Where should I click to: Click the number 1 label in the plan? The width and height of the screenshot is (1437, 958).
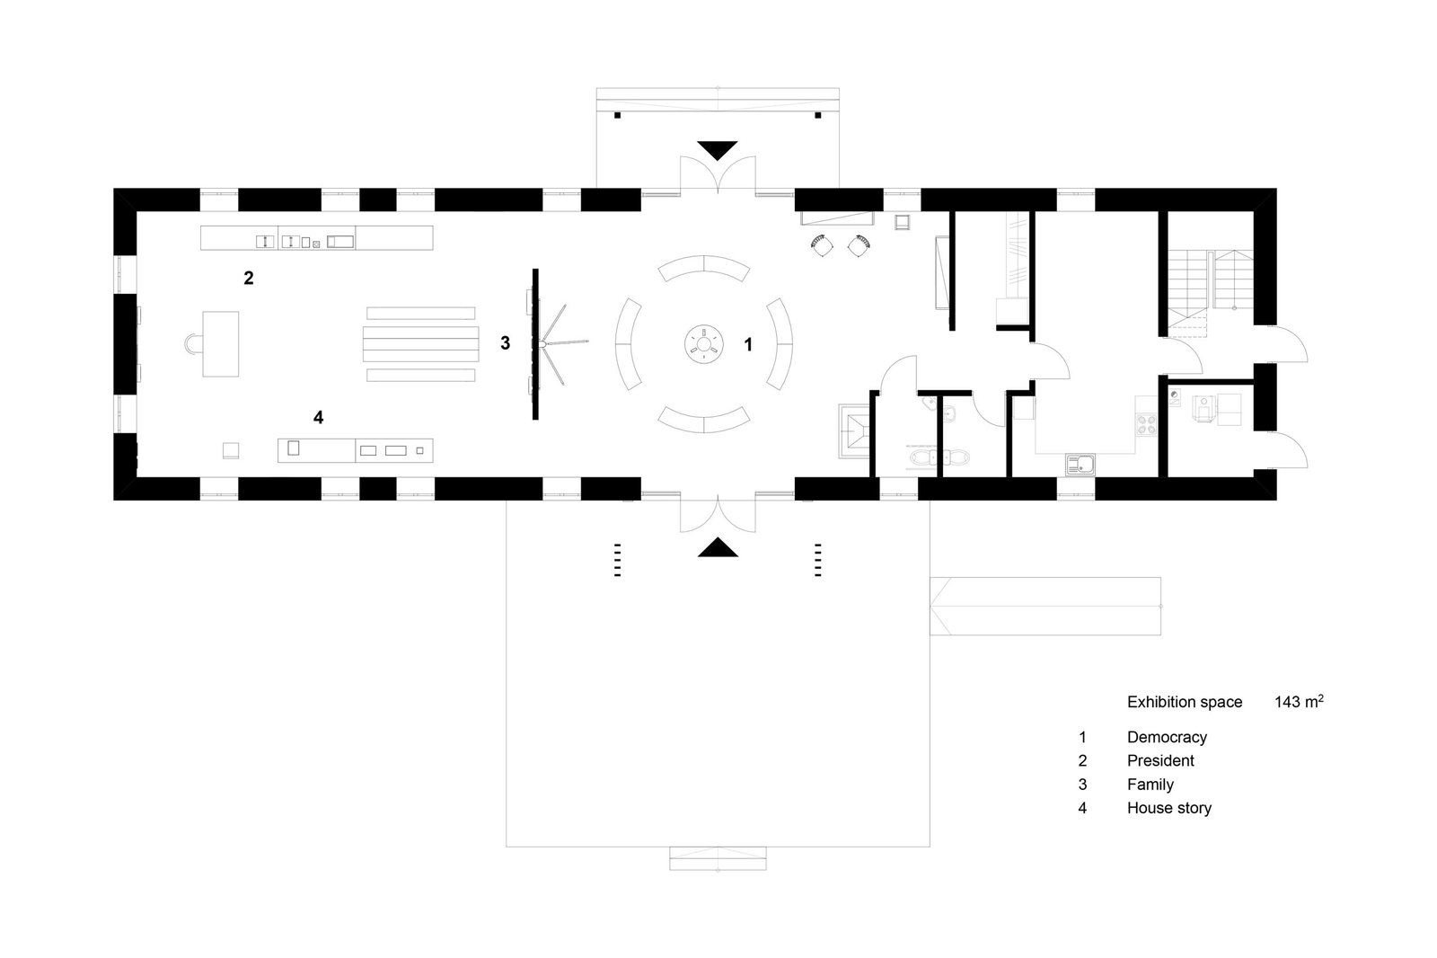747,343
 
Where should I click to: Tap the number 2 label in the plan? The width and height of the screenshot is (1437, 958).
249,279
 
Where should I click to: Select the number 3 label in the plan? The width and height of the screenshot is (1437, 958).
506,342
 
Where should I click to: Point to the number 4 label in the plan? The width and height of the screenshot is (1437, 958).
318,417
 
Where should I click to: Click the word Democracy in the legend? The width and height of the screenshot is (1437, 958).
1167,737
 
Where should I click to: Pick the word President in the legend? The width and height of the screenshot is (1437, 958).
1160,760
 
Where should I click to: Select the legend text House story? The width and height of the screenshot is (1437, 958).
1168,808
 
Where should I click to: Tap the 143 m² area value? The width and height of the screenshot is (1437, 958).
1298,702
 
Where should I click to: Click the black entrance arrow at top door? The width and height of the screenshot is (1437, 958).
718,150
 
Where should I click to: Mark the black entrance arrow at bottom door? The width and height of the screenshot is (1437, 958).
718,546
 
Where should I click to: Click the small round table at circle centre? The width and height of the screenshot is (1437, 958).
704,343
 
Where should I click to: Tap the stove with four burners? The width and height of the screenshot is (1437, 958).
1148,423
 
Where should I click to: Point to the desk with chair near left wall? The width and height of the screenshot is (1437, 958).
220,342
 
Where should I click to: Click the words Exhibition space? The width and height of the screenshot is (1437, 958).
1185,702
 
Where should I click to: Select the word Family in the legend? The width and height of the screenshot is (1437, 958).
1150,785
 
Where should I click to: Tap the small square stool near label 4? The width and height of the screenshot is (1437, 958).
232,449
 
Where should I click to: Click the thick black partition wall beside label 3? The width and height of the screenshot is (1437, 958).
535,343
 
